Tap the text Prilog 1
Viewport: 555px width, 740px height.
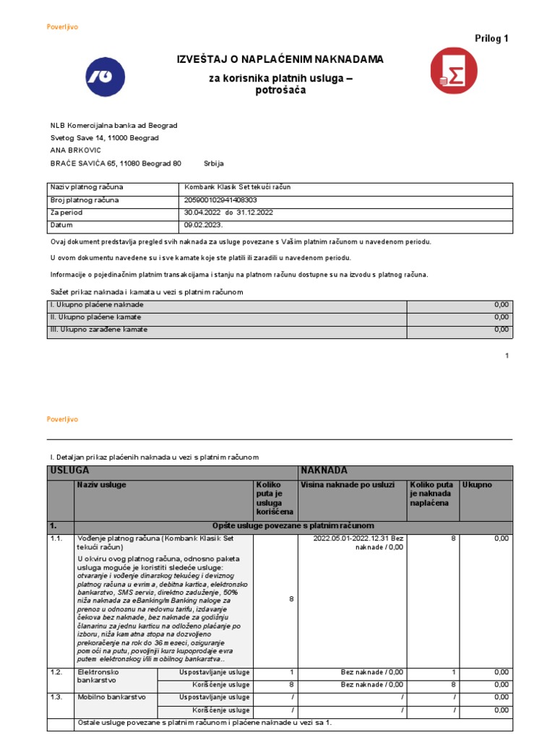491,38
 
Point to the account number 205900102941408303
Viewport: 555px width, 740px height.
221,199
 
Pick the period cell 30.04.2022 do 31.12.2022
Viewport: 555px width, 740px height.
229,212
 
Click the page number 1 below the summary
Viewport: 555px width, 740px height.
507,356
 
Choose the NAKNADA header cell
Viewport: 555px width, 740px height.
324,470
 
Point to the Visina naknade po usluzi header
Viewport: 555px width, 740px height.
348,485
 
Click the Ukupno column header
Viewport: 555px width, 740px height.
477,485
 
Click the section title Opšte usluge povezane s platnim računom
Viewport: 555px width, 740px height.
293,525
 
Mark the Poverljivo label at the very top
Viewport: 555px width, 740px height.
62,27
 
